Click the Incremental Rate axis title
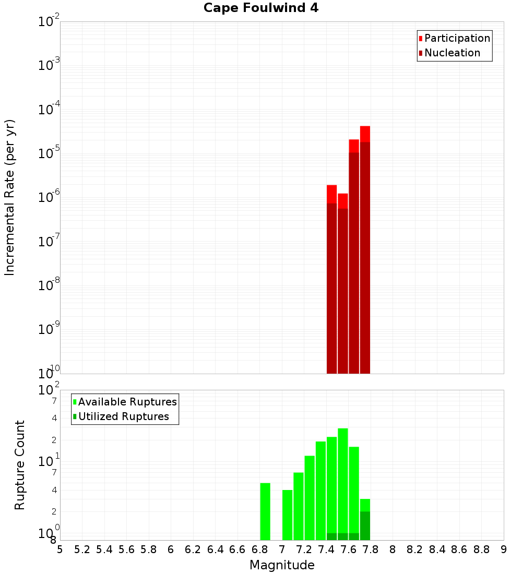click(x=10, y=198)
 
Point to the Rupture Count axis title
click(x=20, y=465)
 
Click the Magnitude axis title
click(x=282, y=565)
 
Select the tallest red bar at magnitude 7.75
click(x=365, y=250)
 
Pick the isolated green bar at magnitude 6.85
click(x=265, y=511)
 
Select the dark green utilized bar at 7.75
click(x=365, y=526)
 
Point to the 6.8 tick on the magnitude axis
click(x=259, y=549)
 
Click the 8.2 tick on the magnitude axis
click(x=415, y=549)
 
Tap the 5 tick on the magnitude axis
click(x=60, y=549)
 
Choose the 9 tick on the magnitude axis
click(x=504, y=549)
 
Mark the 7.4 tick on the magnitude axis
click(x=326, y=549)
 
